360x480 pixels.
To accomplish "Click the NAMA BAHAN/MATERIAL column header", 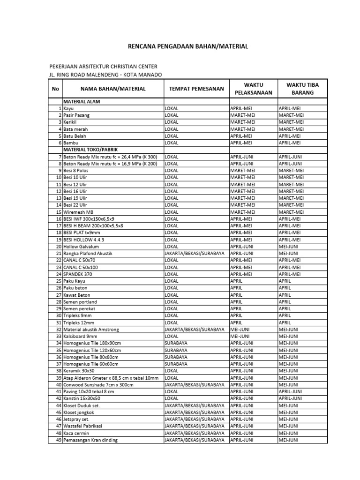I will [112, 89].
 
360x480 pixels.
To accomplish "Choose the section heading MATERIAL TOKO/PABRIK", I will [90, 149].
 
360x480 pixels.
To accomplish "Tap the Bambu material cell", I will [72, 142].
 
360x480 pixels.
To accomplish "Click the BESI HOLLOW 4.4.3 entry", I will [84, 240].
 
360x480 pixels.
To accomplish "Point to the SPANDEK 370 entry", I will [78, 274].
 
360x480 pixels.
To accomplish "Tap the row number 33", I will [59, 337].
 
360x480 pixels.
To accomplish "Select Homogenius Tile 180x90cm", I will [92, 343].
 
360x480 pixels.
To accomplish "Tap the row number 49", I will [59, 440].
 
